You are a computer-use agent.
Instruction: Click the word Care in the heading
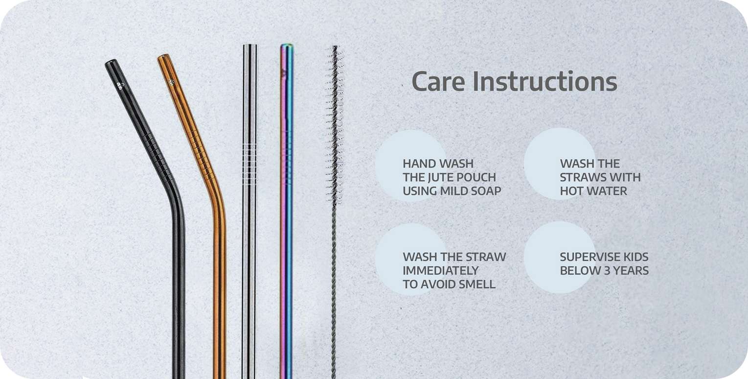click(x=438, y=82)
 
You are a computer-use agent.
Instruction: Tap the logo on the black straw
click(x=120, y=85)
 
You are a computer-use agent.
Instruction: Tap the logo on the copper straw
click(x=171, y=82)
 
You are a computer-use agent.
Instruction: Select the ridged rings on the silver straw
click(x=250, y=164)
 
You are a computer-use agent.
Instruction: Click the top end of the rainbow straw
click(x=287, y=46)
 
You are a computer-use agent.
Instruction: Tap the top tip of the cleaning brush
click(x=335, y=47)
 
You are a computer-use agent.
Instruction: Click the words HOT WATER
click(x=593, y=191)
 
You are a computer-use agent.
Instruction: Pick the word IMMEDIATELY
click(x=440, y=271)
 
